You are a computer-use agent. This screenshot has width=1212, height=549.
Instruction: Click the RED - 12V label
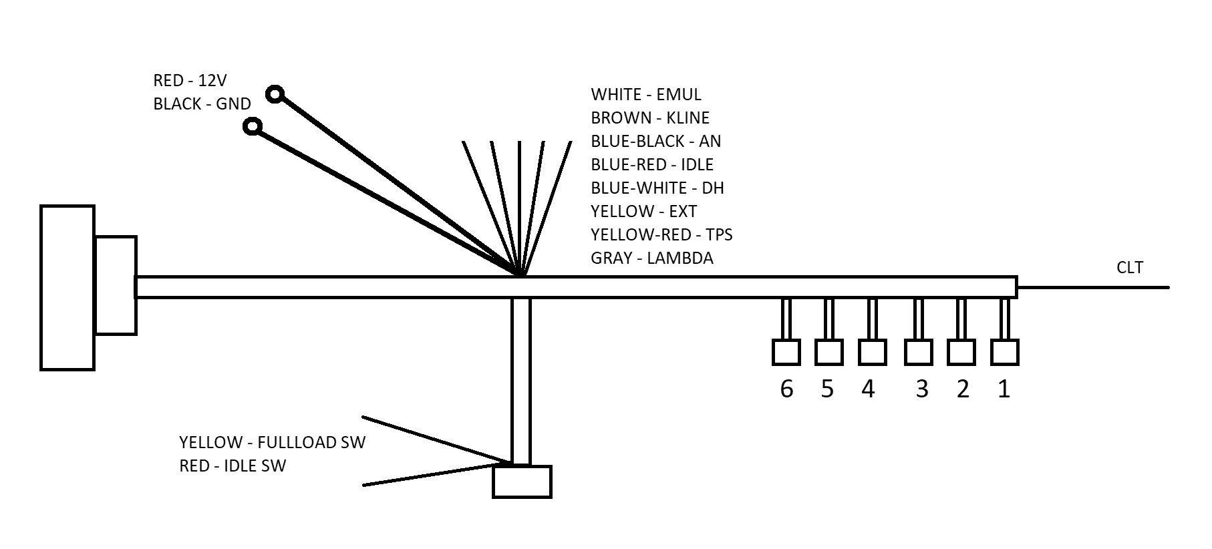click(190, 81)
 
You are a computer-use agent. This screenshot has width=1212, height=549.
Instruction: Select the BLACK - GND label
click(202, 104)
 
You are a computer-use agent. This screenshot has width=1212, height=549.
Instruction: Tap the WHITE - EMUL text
click(645, 95)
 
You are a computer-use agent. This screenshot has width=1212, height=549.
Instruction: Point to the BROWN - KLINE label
click(649, 118)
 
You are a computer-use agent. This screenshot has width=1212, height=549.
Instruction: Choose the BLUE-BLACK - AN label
click(655, 142)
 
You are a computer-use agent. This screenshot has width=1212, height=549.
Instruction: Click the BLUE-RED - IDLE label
click(651, 165)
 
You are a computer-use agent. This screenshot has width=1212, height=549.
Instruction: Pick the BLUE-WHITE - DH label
click(657, 188)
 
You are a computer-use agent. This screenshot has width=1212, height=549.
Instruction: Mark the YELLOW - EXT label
click(643, 212)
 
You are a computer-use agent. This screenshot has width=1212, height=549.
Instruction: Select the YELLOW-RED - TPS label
click(661, 235)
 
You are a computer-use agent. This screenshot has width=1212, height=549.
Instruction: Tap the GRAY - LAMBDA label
click(651, 258)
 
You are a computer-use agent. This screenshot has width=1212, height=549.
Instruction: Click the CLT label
click(1130, 268)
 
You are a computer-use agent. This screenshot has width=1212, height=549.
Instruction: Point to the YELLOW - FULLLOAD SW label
click(272, 443)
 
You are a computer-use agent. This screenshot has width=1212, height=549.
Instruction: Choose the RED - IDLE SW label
click(232, 466)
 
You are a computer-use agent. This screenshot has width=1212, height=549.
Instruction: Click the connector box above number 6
click(786, 352)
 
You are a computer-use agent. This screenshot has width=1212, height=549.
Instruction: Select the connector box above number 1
click(1004, 352)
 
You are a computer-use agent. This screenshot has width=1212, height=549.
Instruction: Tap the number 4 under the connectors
click(867, 389)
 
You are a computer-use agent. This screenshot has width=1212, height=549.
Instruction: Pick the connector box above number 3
click(918, 352)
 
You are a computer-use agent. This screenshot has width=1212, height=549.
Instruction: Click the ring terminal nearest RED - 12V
click(275, 94)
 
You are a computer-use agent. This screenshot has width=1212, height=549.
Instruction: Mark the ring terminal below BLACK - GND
click(253, 126)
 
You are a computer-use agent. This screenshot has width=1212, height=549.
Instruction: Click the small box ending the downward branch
click(522, 482)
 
